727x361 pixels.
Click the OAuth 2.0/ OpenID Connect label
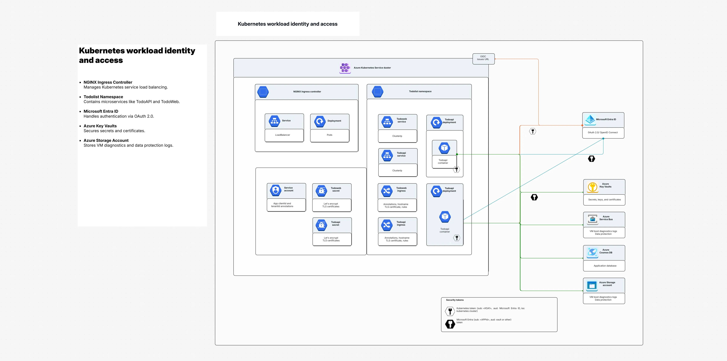[x=603, y=132]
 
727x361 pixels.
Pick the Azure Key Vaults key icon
[x=592, y=187]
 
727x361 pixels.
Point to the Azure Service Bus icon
[x=592, y=219]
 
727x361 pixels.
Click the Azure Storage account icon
[x=592, y=285]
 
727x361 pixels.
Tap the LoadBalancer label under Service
[x=283, y=135]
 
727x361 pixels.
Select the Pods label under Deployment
[x=329, y=135]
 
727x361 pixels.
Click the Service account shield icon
[x=275, y=190]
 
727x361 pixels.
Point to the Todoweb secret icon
[x=321, y=191]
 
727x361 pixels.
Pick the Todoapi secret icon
[x=321, y=225]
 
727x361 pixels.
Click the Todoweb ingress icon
[x=387, y=191]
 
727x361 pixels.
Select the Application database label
[x=605, y=266]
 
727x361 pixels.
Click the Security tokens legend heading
[x=455, y=300]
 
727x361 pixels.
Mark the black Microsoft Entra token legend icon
[x=450, y=324]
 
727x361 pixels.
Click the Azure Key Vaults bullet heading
[x=100, y=126]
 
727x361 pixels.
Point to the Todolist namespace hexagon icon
[x=378, y=92]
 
